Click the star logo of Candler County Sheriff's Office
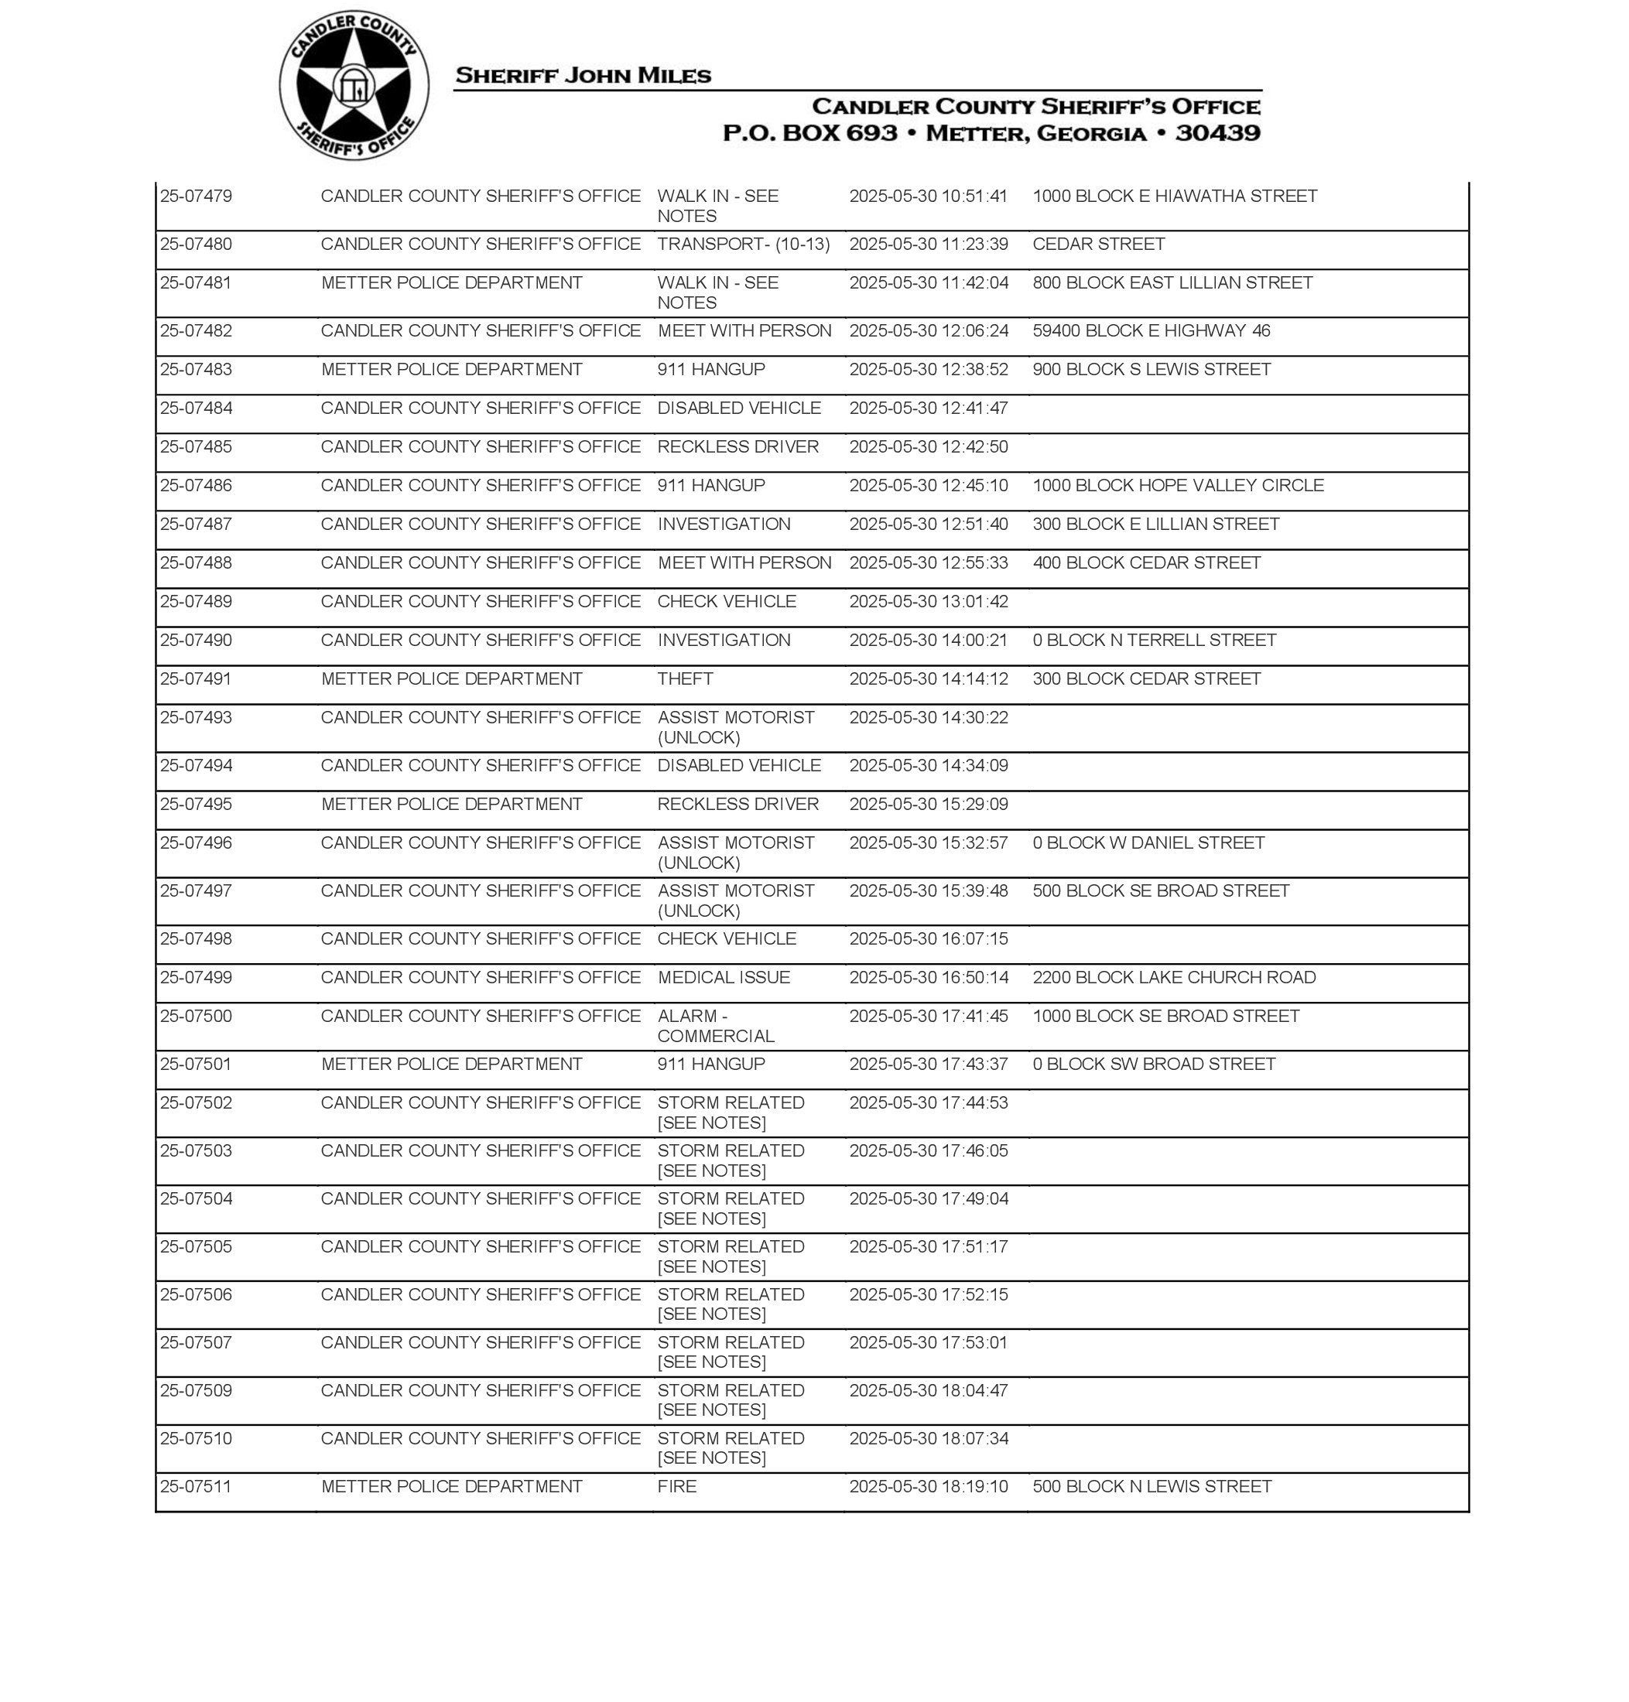click(354, 86)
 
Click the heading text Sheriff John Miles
click(583, 76)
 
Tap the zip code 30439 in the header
click(1217, 133)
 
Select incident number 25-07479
click(197, 197)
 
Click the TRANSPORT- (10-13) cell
click(743, 244)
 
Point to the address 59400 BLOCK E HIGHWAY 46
click(1151, 330)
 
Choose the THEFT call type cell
click(685, 678)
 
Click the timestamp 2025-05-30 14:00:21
click(928, 641)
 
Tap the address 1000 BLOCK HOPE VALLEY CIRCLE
click(1178, 485)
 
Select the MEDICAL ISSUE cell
click(724, 977)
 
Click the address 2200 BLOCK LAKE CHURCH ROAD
click(1174, 977)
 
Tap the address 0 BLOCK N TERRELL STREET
click(1154, 641)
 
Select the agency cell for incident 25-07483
click(451, 370)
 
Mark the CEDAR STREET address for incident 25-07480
click(1098, 244)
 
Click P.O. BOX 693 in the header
click(809, 133)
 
